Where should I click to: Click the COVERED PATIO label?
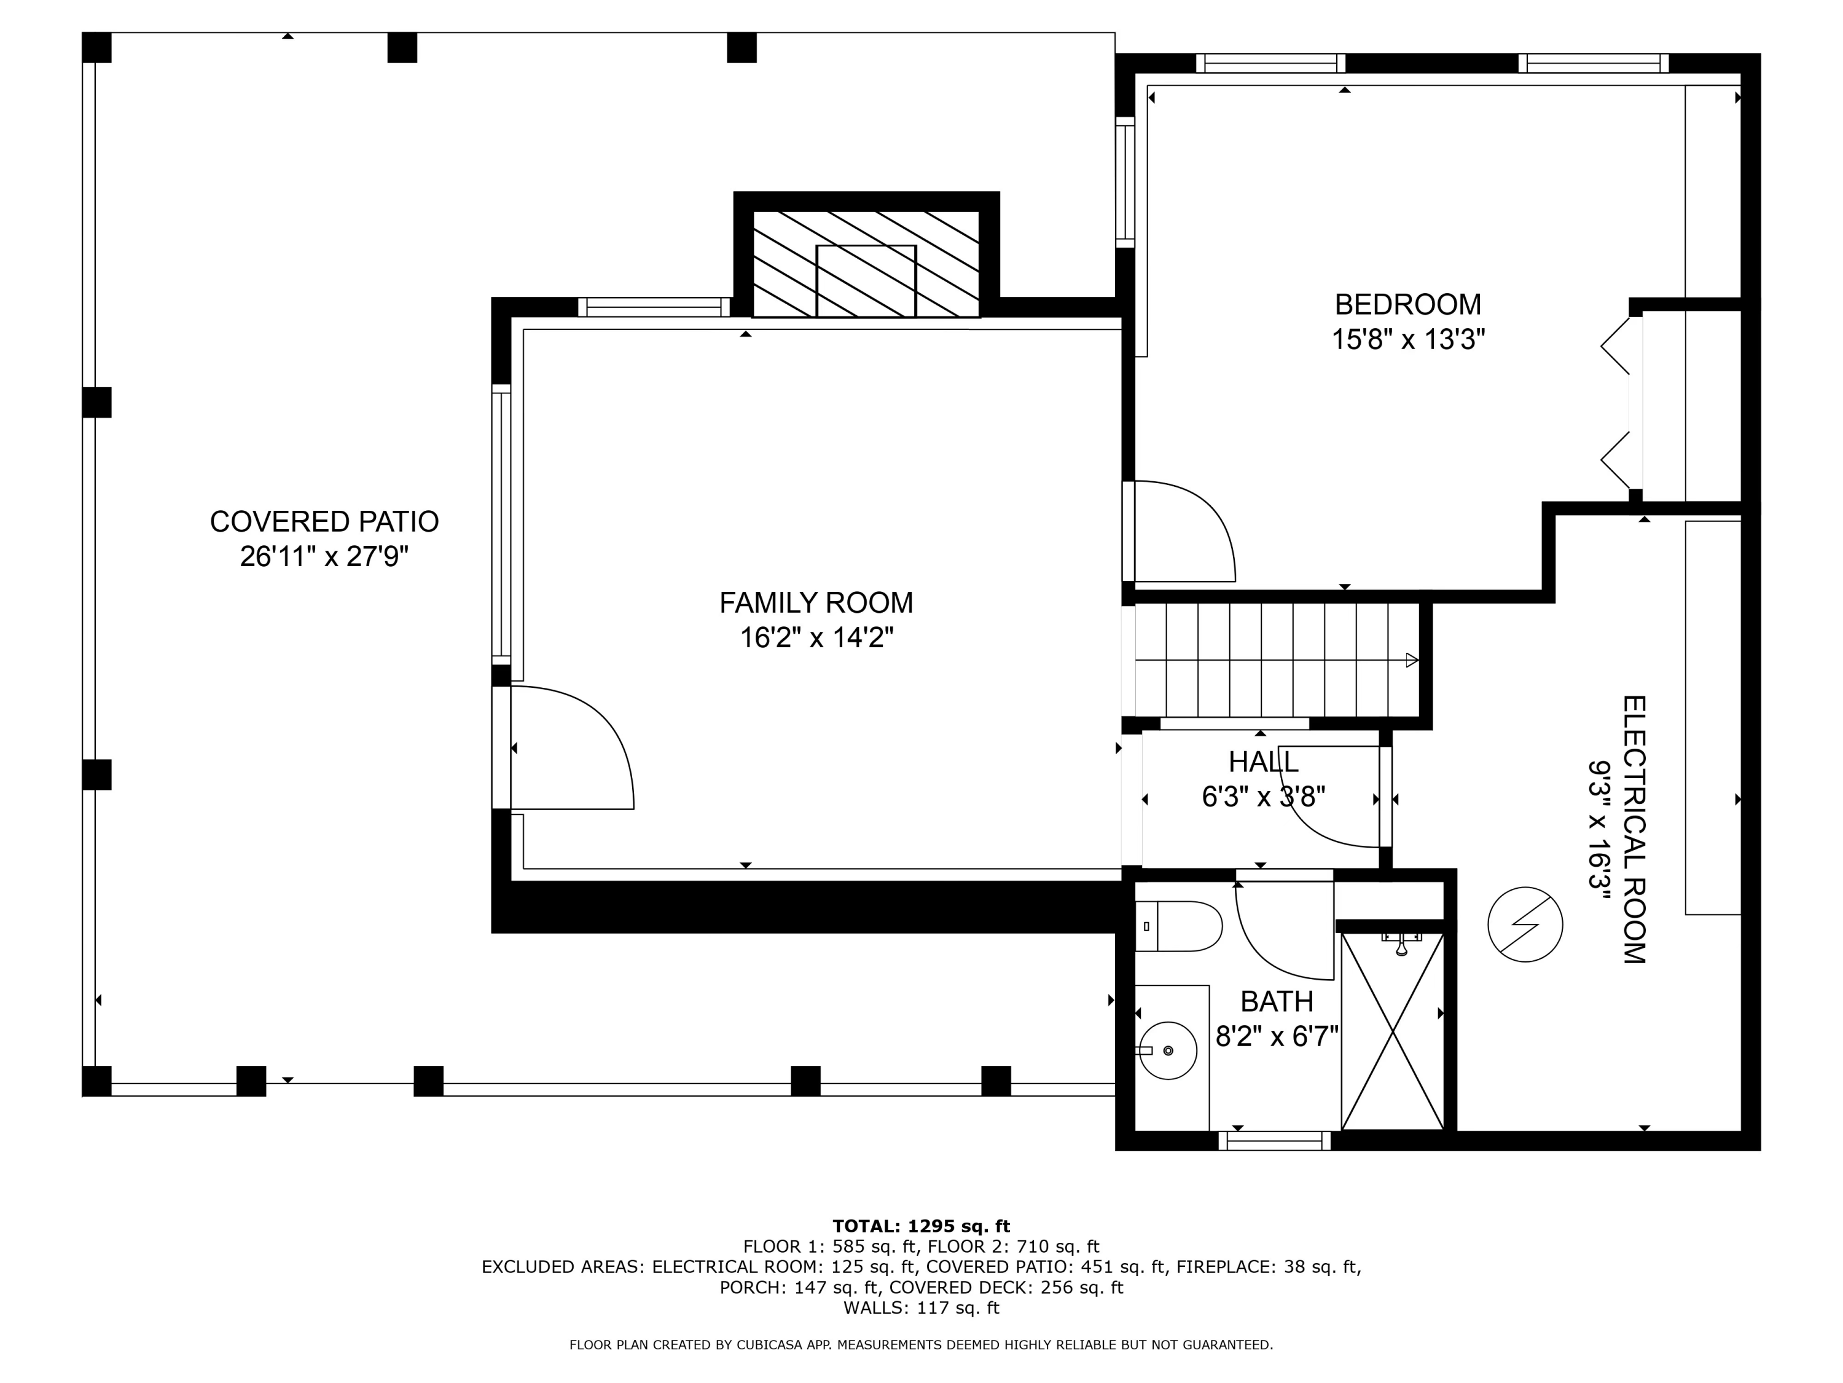pyautogui.click(x=324, y=521)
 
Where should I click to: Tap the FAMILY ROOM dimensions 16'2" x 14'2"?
pyautogui.click(x=816, y=638)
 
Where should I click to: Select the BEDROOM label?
pyautogui.click(x=1408, y=304)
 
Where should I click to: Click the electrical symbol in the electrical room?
pyautogui.click(x=1525, y=924)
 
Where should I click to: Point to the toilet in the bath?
pyautogui.click(x=1178, y=926)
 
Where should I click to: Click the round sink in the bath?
pyautogui.click(x=1168, y=1050)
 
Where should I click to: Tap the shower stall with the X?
pyautogui.click(x=1392, y=1031)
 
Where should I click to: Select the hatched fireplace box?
pyautogui.click(x=866, y=264)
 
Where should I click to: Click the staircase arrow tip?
pyautogui.click(x=1418, y=660)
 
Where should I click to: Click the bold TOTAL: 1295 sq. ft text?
pyautogui.click(x=921, y=1226)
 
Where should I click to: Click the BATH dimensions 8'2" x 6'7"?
pyautogui.click(x=1277, y=1036)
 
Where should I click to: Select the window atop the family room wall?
pyautogui.click(x=654, y=307)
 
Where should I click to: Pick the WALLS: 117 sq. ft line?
pyautogui.click(x=921, y=1308)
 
